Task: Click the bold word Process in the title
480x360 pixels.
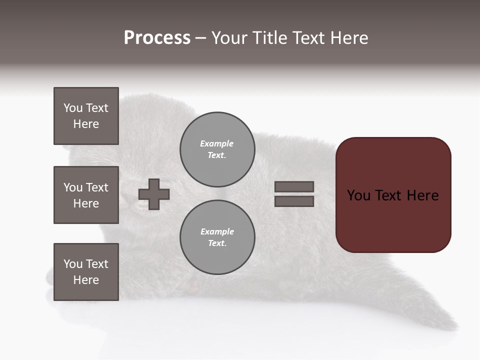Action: click(157, 38)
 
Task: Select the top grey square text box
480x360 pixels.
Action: click(86, 116)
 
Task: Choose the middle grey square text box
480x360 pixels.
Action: click(86, 195)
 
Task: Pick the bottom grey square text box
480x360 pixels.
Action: click(86, 272)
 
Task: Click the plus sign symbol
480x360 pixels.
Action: click(154, 194)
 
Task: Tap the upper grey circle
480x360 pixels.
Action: click(217, 149)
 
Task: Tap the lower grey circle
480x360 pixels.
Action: click(217, 237)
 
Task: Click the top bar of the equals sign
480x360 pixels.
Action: click(294, 186)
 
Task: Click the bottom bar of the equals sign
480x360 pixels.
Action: click(294, 201)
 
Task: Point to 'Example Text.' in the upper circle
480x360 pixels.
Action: click(217, 149)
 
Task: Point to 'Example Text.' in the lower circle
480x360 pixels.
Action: click(217, 237)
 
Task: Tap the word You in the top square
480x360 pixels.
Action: click(73, 108)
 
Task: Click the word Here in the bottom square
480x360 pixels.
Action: click(86, 280)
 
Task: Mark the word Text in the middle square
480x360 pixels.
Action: click(97, 187)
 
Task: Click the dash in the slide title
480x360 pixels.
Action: click(200, 38)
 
